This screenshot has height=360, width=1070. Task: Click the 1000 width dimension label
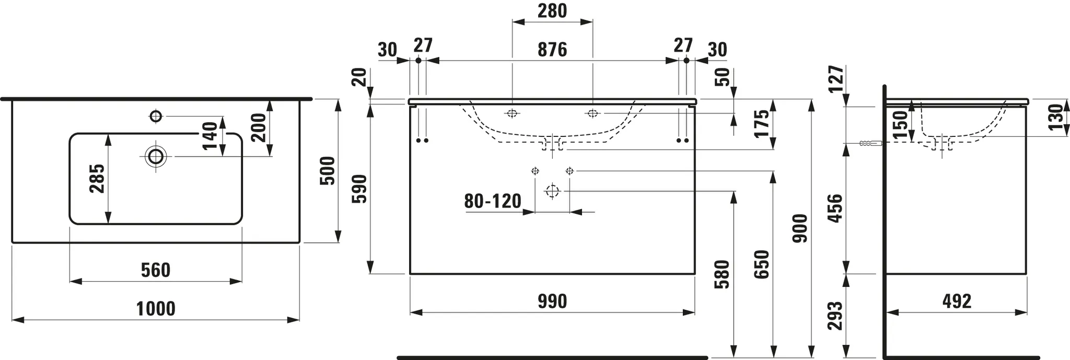[x=156, y=309]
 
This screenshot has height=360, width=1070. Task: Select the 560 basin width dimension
[x=156, y=270]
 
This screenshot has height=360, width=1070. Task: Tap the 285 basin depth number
[x=97, y=179]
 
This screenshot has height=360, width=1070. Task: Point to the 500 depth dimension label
[x=327, y=170]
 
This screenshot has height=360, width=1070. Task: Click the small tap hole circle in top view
[x=156, y=116]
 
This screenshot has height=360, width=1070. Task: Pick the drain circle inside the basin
[x=156, y=156]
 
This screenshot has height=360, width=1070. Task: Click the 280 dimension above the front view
[x=552, y=11]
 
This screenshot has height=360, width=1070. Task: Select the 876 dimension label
[x=552, y=50]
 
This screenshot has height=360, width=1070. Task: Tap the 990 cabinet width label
[x=552, y=301]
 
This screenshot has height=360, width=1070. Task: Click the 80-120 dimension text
[x=493, y=201]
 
